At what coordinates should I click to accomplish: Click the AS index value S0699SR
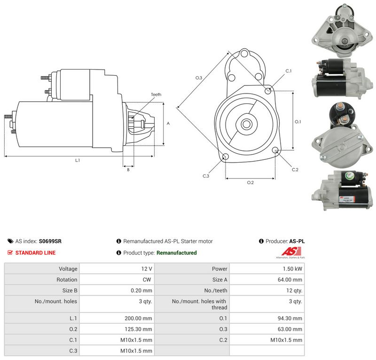50,241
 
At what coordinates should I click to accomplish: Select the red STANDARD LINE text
36,253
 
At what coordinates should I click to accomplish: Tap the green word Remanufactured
177,253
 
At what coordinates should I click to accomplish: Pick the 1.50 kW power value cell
267,269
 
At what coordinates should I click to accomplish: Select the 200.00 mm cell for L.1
117,318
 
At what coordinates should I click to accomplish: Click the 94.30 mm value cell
267,318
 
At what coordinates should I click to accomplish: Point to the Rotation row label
67,280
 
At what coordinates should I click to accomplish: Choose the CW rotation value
147,280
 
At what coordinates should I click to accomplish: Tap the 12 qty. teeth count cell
267,290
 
